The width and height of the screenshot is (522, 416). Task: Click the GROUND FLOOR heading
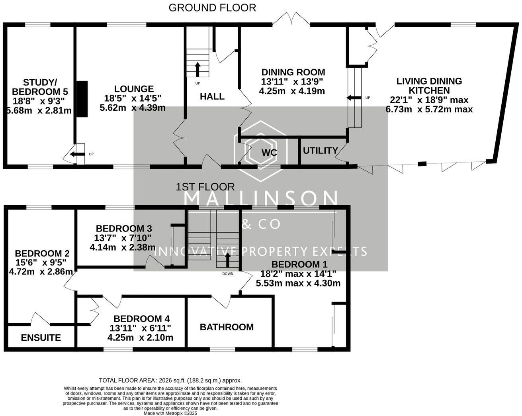click(x=212, y=8)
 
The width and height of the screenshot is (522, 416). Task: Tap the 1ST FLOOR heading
click(x=205, y=186)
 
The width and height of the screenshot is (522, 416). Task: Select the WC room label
click(x=269, y=153)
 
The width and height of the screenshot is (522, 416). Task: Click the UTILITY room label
click(x=321, y=151)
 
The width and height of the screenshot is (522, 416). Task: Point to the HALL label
click(x=212, y=96)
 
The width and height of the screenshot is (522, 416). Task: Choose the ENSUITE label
click(x=41, y=338)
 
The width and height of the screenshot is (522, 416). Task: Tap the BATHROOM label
click(x=227, y=327)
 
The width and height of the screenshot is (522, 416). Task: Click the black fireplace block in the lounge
click(x=82, y=99)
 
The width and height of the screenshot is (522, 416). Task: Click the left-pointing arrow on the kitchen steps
click(x=353, y=98)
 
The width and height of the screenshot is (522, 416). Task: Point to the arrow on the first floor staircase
click(x=228, y=260)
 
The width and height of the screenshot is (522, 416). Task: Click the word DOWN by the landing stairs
click(x=228, y=274)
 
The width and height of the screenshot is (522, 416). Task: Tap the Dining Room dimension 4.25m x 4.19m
click(x=292, y=91)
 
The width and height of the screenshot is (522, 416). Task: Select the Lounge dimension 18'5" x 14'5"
click(x=133, y=98)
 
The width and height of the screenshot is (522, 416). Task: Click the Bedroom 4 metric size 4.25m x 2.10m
click(x=140, y=338)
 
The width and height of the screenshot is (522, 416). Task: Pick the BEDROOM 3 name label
click(x=124, y=229)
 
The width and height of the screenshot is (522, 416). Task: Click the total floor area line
click(x=170, y=380)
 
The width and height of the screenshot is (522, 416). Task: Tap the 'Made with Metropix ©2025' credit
click(x=170, y=413)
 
